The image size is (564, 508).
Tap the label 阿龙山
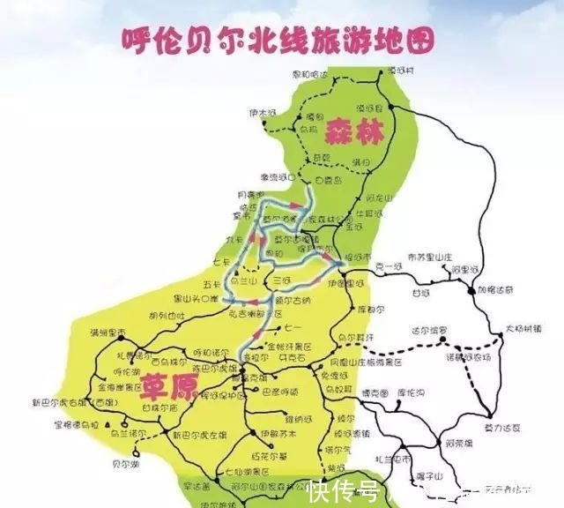[377, 198]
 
